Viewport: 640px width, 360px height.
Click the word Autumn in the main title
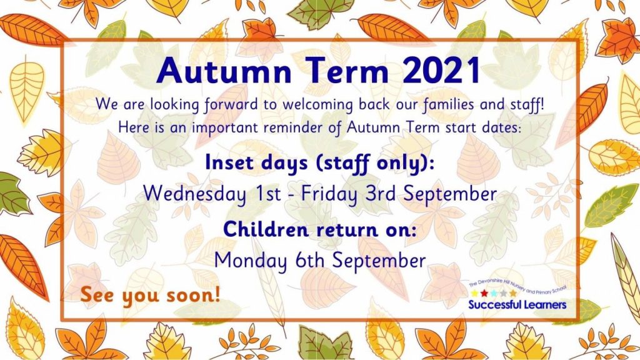[x=224, y=70]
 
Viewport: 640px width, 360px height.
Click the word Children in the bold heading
[x=265, y=229]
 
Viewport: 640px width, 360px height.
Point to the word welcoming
[x=317, y=105]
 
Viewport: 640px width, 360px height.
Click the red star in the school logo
[x=484, y=294]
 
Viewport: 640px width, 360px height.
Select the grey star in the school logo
[x=503, y=294]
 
